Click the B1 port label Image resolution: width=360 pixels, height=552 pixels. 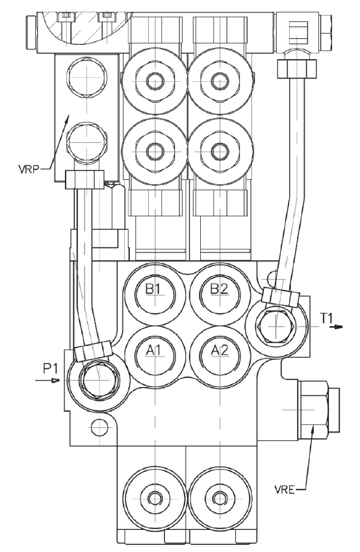(x=153, y=289)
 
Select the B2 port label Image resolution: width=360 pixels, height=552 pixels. (x=219, y=289)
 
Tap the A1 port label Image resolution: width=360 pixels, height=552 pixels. (x=153, y=350)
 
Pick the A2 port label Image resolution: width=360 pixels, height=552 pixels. (x=220, y=350)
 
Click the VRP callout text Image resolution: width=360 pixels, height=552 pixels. (x=29, y=169)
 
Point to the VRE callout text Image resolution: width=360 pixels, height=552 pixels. (x=285, y=490)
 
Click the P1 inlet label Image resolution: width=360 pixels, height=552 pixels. (x=50, y=369)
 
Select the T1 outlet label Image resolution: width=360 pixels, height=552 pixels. (x=327, y=318)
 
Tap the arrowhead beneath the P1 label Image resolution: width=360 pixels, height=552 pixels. (x=55, y=380)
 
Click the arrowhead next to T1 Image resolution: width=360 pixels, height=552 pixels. (x=338, y=327)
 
